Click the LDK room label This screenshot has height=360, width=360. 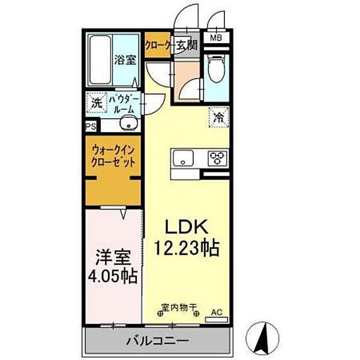coord(186,227)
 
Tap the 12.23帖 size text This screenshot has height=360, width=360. coord(187,245)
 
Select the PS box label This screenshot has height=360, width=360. coord(91,127)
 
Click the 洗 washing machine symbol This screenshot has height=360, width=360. coord(97,103)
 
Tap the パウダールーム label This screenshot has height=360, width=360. coord(125,103)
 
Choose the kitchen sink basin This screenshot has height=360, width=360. coord(182,158)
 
